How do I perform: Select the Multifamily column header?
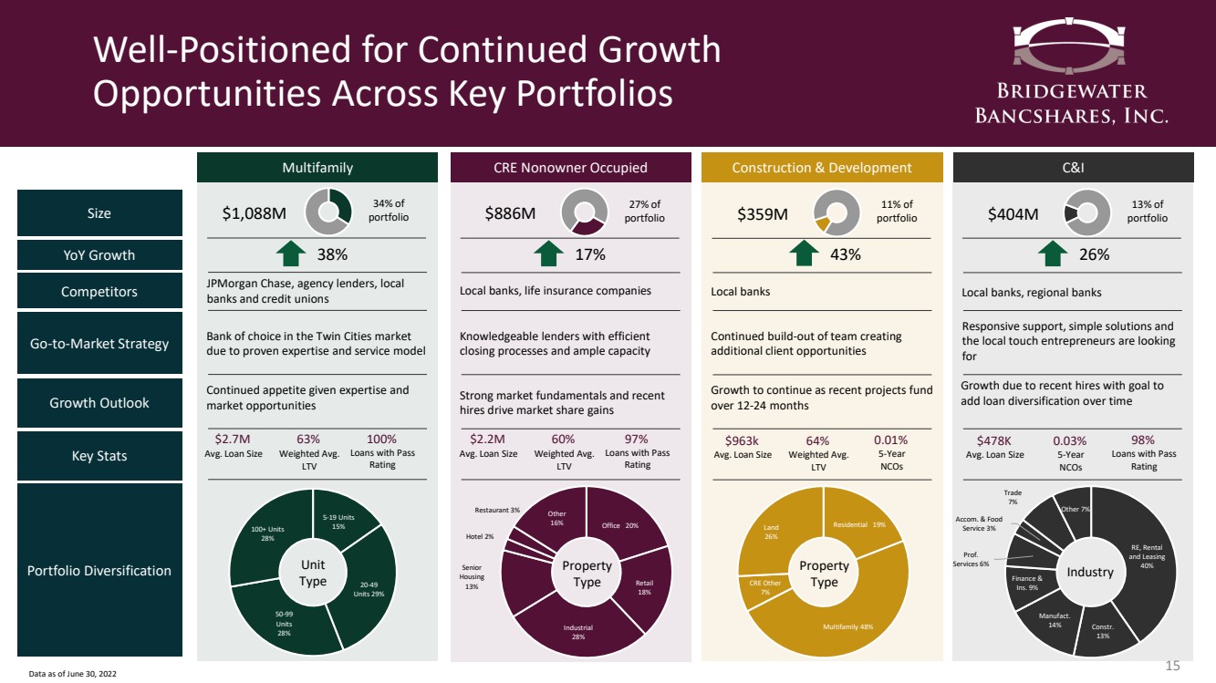[317, 168]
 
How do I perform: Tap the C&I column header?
[1073, 168]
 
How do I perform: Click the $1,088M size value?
[255, 214]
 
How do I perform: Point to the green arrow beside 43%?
[803, 254]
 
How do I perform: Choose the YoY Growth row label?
[99, 255]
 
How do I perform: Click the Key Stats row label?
[99, 456]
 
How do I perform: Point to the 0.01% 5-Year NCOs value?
[890, 440]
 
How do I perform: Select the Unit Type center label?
[313, 574]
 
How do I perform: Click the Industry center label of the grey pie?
[1090, 572]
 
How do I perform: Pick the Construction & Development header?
[822, 168]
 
